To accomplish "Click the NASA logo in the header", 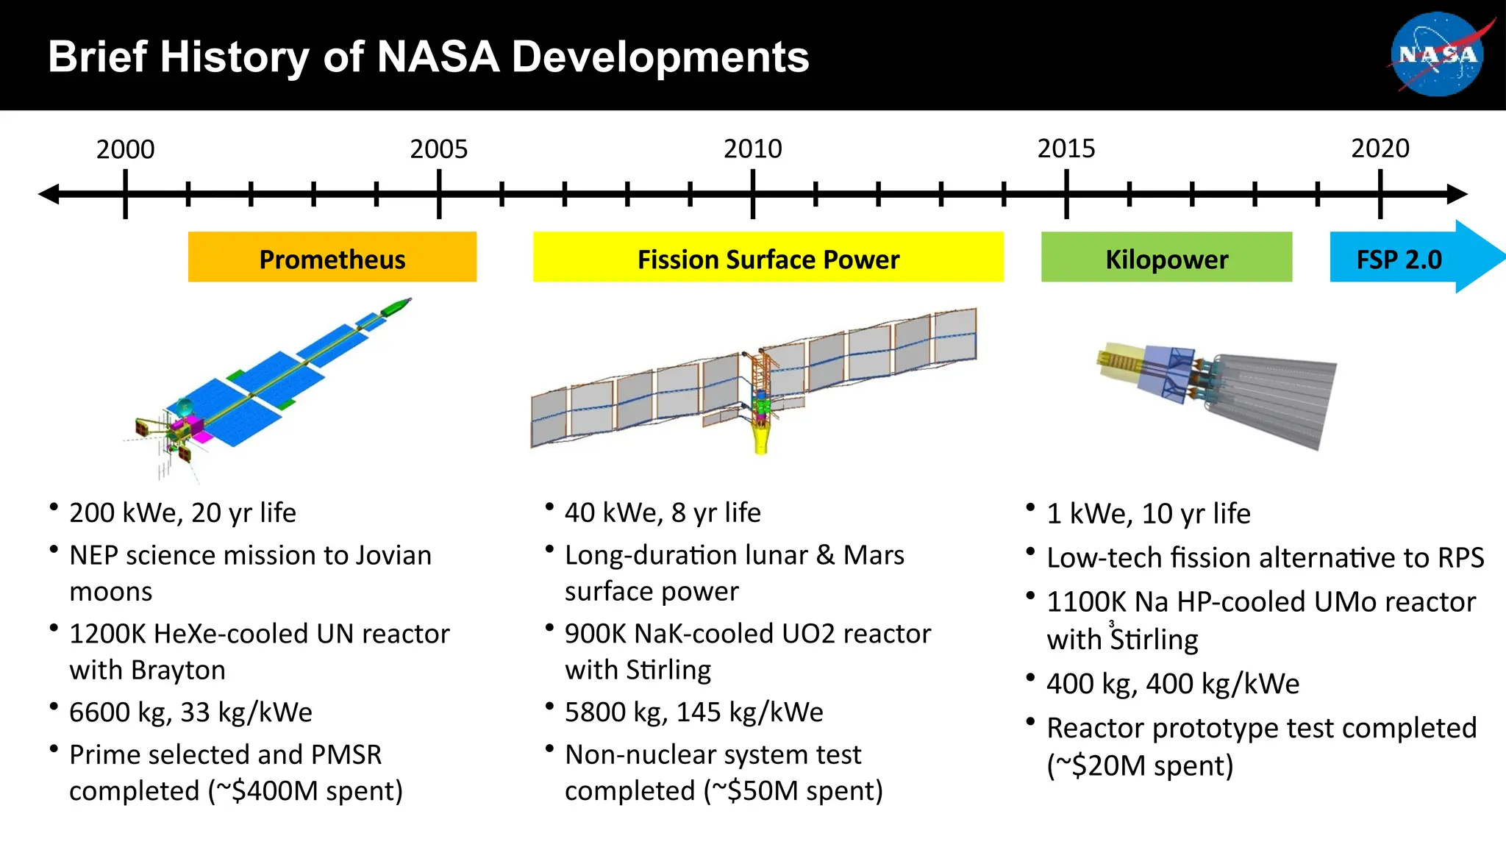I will point(1438,55).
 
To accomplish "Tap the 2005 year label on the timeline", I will point(438,149).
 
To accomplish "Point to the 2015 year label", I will point(1066,149).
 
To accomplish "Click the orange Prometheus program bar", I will point(332,257).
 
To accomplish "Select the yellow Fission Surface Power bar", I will point(768,257).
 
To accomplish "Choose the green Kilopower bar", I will point(1166,257).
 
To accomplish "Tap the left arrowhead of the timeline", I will point(49,194).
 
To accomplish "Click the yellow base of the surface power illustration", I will point(761,437).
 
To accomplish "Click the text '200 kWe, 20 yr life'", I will point(182,512).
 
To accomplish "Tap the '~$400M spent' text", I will point(309,791).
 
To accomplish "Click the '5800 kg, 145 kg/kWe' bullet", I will point(693,712).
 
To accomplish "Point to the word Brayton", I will point(178,670).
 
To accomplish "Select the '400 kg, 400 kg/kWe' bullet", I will point(1172,684).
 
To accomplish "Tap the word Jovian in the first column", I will point(393,555).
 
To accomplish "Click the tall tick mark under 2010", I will point(752,194).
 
